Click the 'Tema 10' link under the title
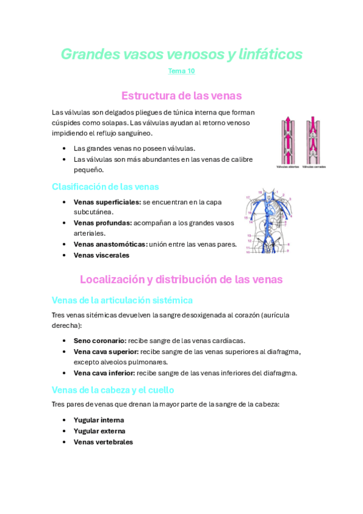(181, 72)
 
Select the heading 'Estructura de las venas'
(181, 96)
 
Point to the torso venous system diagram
(269, 224)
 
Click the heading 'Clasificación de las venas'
(105, 187)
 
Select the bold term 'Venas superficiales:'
(107, 202)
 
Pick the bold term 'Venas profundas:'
(102, 223)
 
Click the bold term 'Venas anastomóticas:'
(110, 244)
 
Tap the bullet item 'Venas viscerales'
(101, 255)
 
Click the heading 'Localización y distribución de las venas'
(181, 279)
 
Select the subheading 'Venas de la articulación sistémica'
(122, 300)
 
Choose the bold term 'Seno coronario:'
(100, 341)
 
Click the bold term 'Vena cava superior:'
(106, 352)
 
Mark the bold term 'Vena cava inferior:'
(104, 373)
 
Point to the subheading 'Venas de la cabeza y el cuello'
(113, 390)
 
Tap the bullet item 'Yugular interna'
(99, 420)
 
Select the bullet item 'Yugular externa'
(99, 431)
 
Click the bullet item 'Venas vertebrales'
(103, 442)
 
